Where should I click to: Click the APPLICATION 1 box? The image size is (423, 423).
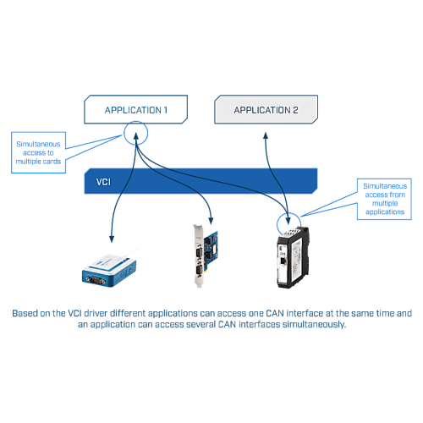coord(135,109)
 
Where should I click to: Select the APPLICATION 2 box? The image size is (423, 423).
coord(266,109)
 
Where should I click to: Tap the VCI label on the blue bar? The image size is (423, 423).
coord(103,182)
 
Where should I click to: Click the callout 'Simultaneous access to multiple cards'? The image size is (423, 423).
coord(38,152)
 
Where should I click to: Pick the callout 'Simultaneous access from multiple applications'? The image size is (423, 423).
coord(385,199)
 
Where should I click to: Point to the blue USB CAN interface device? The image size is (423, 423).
coord(109,271)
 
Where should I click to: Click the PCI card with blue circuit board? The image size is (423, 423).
coord(206,255)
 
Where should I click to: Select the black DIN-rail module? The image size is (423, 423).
coord(293,257)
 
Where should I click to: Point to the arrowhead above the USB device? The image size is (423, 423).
coord(112,239)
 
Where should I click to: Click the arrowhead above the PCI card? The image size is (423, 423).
coord(211,221)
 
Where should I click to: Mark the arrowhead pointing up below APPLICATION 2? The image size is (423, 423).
coord(266,135)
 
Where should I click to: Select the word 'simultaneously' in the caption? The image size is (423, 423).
coord(314,325)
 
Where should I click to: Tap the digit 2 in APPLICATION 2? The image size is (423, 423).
coord(295,110)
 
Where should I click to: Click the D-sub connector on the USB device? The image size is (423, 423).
coord(96,280)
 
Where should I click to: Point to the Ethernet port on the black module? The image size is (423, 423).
coord(283,261)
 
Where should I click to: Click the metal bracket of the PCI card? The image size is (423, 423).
coord(198,255)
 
